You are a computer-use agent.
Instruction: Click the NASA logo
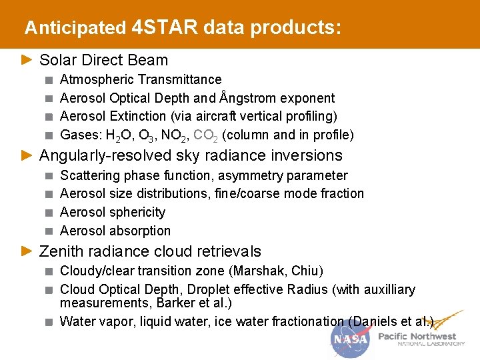350,339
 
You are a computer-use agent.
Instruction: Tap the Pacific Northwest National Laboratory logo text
421,339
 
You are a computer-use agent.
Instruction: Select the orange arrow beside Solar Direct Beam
27,60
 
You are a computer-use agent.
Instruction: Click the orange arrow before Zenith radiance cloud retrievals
27,251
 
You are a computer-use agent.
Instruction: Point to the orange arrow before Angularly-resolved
27,155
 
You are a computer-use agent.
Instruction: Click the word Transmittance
180,79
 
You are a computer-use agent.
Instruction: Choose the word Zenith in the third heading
60,251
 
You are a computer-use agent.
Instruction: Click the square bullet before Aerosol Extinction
49,117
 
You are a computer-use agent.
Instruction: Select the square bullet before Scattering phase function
49,176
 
